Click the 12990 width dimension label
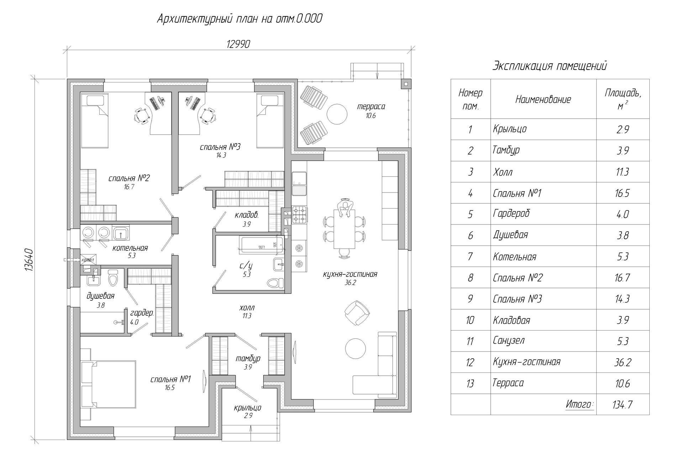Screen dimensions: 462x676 coord(238,44)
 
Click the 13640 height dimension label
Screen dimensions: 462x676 coord(29,260)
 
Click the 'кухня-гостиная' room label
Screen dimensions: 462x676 coord(350,274)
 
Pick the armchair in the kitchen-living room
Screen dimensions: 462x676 coord(357,312)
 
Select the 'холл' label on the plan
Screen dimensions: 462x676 coord(247,308)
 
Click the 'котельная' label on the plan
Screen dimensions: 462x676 coord(130,248)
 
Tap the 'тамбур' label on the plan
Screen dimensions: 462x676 coord(248,359)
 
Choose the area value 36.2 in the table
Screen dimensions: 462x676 coord(623,362)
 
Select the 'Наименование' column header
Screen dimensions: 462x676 coord(543,100)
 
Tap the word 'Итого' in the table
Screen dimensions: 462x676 coord(579,404)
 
